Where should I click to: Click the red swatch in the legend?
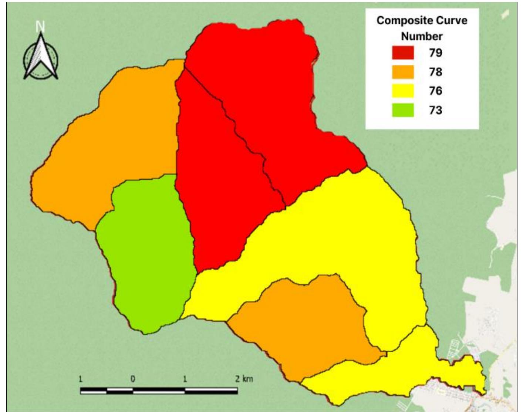pos(403,53)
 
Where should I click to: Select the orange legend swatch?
pos(403,72)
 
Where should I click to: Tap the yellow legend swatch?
pos(403,91)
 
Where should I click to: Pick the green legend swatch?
pos(403,110)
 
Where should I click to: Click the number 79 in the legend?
pos(435,53)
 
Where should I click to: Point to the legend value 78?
pos(435,72)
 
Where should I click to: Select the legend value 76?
pos(435,91)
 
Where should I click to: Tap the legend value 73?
pos(435,110)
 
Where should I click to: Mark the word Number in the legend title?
pos(422,36)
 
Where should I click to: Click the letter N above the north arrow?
pos(40,27)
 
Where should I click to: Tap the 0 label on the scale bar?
pos(132,379)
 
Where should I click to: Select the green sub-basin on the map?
pos(148,255)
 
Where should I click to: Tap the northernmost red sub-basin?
pos(270,92)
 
